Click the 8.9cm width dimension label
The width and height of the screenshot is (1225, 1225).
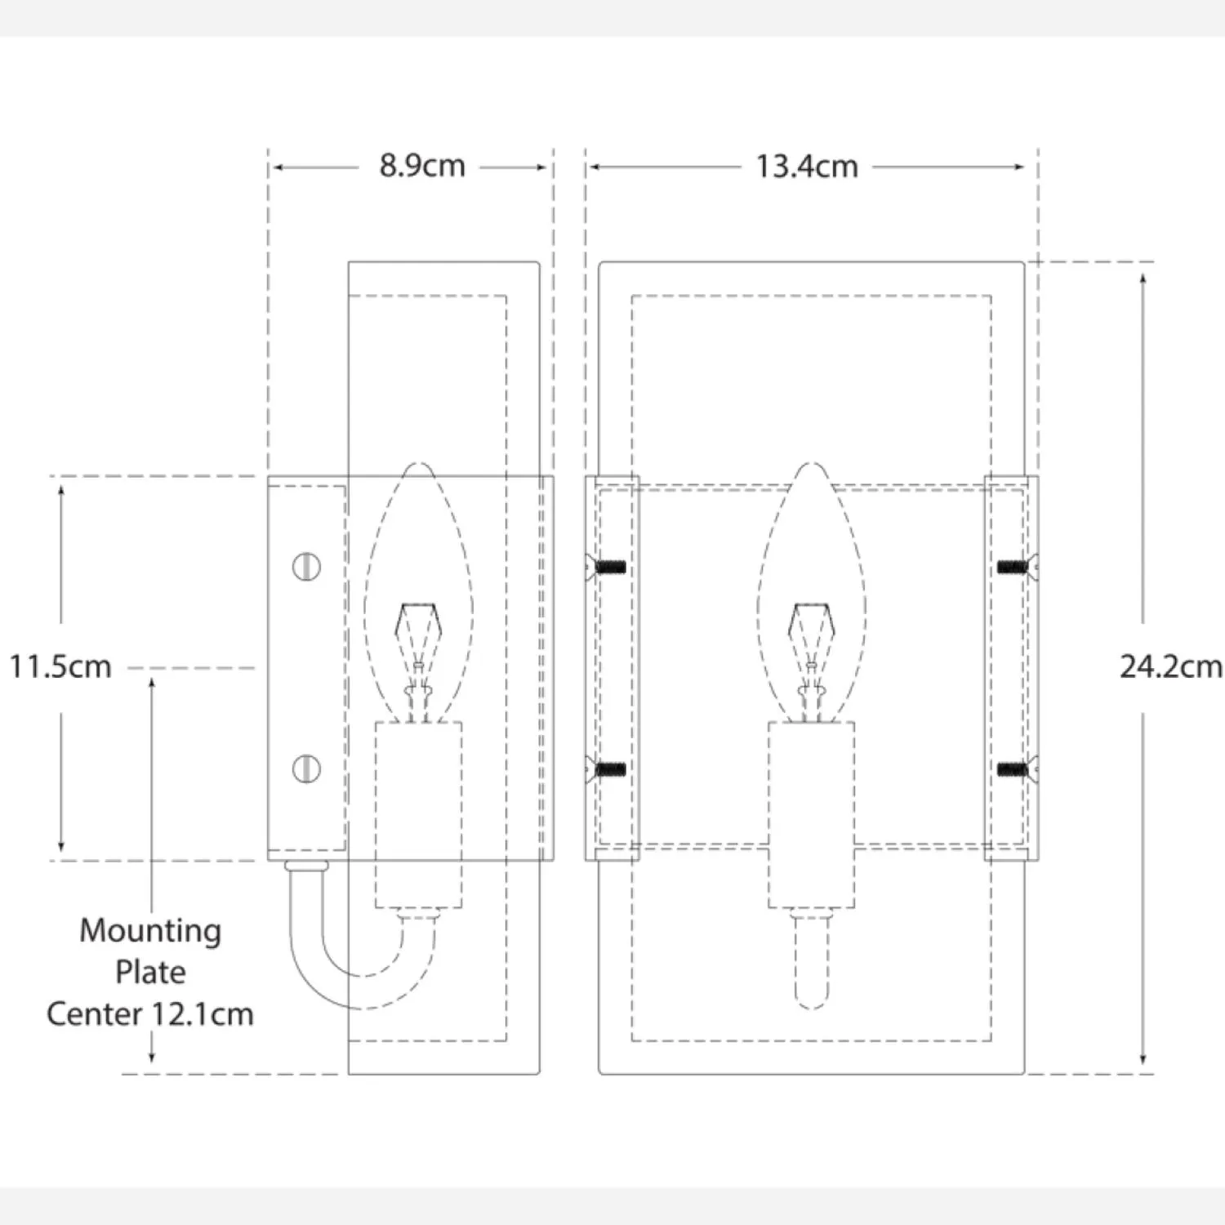(422, 166)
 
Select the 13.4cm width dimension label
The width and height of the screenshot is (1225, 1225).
(807, 167)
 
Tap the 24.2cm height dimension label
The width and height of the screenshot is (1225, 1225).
(1171, 666)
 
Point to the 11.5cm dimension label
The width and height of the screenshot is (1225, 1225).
(60, 666)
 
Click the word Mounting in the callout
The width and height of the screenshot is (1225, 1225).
(150, 931)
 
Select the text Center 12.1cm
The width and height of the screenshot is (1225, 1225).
(150, 1014)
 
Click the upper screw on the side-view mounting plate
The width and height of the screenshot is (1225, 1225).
(306, 567)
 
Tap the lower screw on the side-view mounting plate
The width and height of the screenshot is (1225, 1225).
(306, 769)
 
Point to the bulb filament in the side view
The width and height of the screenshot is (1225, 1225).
(417, 661)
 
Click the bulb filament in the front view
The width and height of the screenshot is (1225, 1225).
(811, 661)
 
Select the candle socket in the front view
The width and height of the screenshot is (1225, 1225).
(811, 815)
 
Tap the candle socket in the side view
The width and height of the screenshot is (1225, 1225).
(418, 815)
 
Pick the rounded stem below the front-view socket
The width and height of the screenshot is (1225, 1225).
(811, 960)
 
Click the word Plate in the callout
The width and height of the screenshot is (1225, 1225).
(150, 972)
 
